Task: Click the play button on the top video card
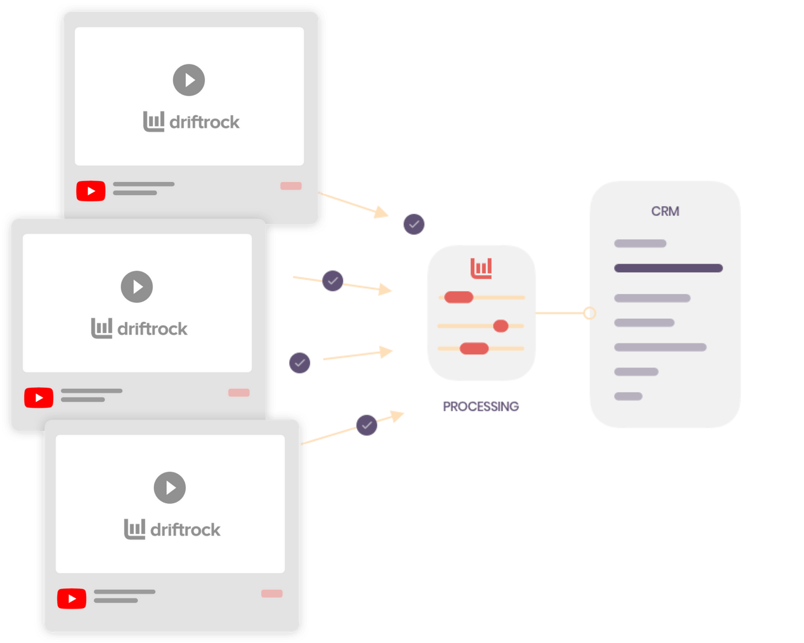189,80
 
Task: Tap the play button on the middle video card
137,287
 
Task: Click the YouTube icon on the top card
91,191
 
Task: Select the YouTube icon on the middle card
39,398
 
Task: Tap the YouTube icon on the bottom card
72,598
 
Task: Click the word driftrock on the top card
205,122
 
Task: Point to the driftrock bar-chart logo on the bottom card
135,529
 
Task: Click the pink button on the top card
291,186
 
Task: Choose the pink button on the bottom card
272,593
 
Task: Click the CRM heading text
665,211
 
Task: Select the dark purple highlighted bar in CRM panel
668,268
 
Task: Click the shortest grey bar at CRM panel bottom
628,396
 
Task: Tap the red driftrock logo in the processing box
481,268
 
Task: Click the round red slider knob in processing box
500,326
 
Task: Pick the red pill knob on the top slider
459,297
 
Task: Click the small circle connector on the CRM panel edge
589,313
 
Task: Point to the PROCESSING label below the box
481,406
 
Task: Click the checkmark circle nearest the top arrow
414,224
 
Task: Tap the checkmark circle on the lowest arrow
367,425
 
